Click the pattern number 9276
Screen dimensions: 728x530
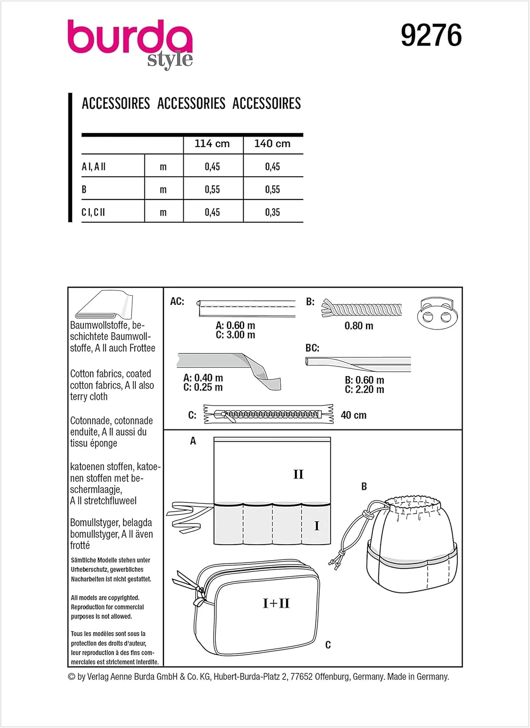click(431, 36)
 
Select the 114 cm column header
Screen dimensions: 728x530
click(212, 144)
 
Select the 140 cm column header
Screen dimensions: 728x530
click(272, 144)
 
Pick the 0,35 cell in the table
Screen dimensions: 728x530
click(273, 212)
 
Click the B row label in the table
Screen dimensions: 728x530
click(84, 189)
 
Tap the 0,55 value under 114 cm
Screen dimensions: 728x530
click(212, 189)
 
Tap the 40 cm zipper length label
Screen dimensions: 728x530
click(353, 415)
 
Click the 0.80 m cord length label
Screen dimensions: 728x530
click(359, 326)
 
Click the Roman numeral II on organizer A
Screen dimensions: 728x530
click(298, 474)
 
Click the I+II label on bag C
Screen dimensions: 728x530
click(276, 603)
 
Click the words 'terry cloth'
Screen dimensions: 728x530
click(89, 397)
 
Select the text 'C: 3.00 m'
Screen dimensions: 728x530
click(235, 335)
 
